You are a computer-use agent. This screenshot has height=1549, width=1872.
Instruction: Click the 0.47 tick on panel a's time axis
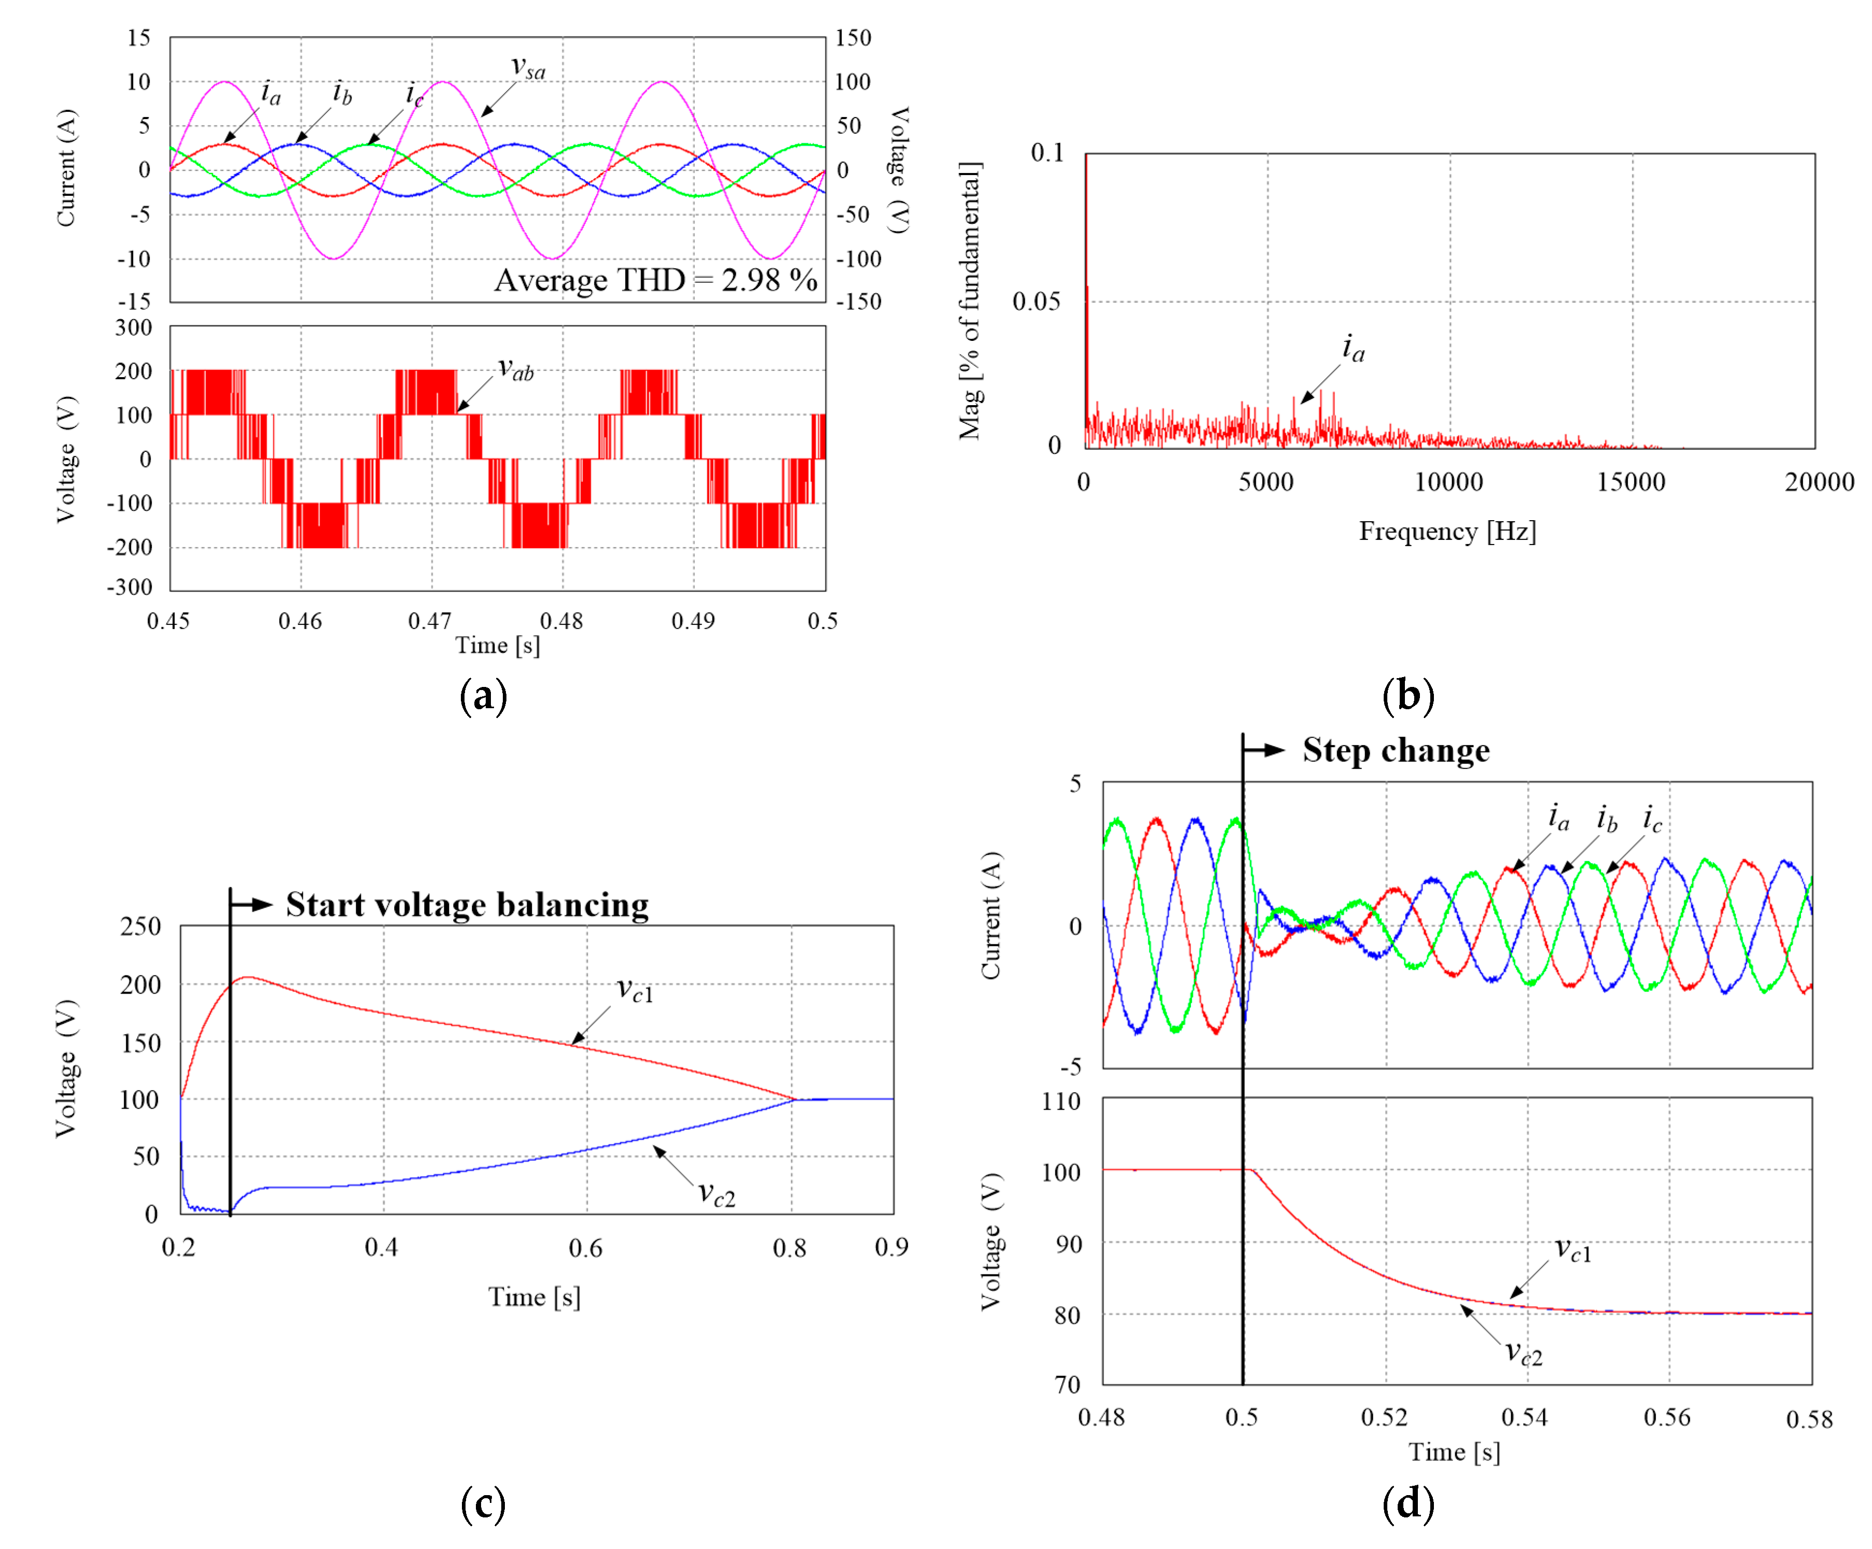430,621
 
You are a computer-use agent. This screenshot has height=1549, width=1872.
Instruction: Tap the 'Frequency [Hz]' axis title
1447,532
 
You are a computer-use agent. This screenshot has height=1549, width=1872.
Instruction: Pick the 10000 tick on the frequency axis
1448,482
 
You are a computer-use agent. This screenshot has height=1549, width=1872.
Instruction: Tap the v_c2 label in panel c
716,1193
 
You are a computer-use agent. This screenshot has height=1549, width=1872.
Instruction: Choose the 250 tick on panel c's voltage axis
141,926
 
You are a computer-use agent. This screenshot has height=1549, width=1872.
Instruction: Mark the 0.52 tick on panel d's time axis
1384,1417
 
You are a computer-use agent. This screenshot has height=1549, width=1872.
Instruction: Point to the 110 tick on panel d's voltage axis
1061,1101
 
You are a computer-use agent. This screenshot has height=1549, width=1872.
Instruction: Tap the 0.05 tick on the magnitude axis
1036,302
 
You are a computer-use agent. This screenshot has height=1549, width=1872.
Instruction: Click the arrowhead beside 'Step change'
1275,750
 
